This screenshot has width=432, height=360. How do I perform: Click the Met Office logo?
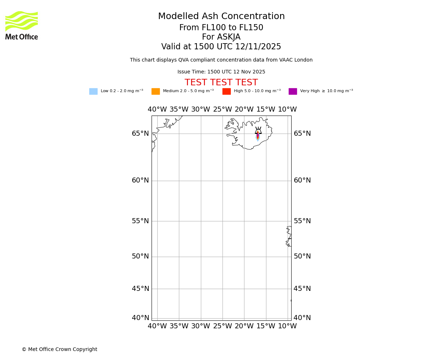pyautogui.click(x=22, y=25)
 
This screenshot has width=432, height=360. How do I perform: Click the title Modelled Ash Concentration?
pyautogui.click(x=221, y=17)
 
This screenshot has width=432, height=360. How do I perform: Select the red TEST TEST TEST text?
pyautogui.click(x=221, y=83)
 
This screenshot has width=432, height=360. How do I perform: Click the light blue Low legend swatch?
pyautogui.click(x=93, y=91)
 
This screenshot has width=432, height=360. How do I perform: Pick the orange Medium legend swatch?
pyautogui.click(x=156, y=91)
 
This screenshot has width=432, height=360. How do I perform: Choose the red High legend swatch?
pyautogui.click(x=226, y=91)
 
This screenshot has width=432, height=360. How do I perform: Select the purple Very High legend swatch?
pyautogui.click(x=293, y=91)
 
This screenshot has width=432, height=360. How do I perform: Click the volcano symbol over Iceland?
pyautogui.click(x=258, y=131)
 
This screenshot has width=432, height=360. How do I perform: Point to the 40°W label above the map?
pyautogui.click(x=157, y=109)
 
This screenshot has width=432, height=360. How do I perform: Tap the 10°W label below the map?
pyautogui.click(x=287, y=326)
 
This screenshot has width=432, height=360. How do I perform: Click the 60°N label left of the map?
pyautogui.click(x=140, y=180)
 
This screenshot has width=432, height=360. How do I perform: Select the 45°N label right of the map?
pyautogui.click(x=302, y=289)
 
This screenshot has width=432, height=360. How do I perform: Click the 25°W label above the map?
pyautogui.click(x=222, y=109)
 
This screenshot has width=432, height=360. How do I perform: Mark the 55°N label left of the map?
pyautogui.click(x=140, y=221)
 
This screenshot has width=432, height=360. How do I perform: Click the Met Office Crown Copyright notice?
pyautogui.click(x=59, y=350)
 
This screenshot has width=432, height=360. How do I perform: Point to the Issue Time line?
pyautogui.click(x=221, y=72)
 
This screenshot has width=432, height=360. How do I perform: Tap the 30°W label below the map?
pyautogui.click(x=201, y=326)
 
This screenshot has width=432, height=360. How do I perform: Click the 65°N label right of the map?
pyautogui.click(x=302, y=134)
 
